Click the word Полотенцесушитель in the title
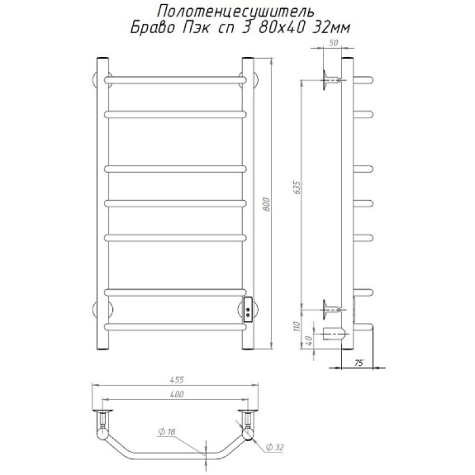235,11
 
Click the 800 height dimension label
266,204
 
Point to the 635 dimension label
297,188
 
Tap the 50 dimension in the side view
333,43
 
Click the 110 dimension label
296,326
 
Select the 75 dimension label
359,363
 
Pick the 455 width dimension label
176,379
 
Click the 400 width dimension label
176,394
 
